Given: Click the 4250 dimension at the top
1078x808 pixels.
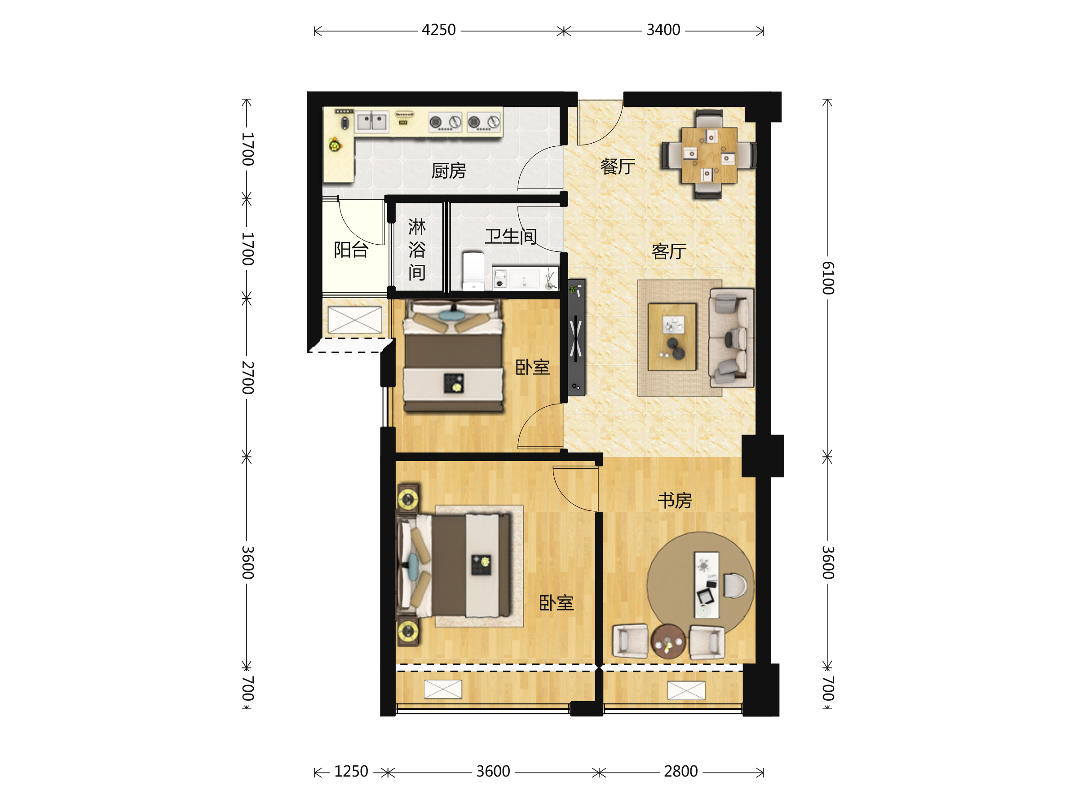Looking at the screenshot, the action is (438, 30).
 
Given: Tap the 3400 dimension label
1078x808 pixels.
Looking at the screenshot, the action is (663, 30).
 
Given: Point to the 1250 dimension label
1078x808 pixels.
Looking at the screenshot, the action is (351, 772).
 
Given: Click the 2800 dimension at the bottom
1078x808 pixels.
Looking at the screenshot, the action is (681, 772).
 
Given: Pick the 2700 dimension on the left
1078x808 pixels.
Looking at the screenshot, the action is (248, 378).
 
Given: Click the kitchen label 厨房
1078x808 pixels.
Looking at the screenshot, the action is (449, 171).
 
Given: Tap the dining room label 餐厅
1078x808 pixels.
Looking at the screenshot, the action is (618, 167).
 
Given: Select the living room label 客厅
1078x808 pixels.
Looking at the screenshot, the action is (669, 251).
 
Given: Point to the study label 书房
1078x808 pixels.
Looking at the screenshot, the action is (675, 500).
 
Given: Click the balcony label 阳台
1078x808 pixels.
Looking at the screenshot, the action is (351, 250).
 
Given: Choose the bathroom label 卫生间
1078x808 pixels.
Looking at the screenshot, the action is (511, 237).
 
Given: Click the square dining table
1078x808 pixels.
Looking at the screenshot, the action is (709, 155).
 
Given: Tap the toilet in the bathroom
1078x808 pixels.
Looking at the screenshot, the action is (473, 271).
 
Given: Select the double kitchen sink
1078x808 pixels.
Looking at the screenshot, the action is (372, 121).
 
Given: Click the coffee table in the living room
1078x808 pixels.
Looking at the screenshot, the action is (672, 337).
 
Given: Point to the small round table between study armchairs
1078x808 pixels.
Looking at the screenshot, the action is (669, 641).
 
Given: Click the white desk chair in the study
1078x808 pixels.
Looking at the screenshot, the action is (735, 585).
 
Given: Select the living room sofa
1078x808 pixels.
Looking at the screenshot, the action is (732, 338).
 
